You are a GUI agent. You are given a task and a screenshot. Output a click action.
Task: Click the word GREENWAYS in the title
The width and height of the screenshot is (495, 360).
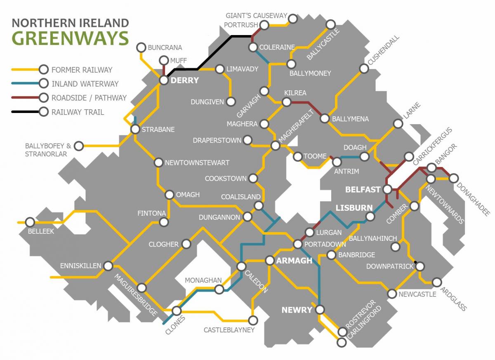70,38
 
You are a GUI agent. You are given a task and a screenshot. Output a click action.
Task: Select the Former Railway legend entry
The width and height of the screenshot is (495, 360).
82,70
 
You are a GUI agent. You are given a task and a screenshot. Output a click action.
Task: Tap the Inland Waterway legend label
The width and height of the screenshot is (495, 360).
85,84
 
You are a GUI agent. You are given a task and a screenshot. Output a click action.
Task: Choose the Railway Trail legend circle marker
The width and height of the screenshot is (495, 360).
43,112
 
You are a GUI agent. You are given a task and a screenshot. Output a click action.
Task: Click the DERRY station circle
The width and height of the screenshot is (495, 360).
164,80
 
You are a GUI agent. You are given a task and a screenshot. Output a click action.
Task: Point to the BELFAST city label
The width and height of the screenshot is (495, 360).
363,190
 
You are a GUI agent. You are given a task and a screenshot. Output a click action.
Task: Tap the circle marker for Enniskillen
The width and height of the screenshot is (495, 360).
108,266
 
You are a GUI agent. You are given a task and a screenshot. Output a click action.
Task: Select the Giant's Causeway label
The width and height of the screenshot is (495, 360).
256,16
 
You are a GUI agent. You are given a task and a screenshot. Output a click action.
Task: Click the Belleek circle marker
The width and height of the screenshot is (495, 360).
30,222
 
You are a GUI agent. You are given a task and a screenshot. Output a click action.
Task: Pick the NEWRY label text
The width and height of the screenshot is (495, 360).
297,310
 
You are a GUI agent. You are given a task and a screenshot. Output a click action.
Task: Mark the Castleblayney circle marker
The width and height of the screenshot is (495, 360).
253,320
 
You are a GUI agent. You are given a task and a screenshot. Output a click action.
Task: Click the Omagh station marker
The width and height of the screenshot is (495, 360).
170,195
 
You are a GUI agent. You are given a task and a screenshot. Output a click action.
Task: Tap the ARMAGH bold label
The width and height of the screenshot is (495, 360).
294,261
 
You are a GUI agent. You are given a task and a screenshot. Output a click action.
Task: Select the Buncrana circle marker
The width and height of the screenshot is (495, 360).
141,47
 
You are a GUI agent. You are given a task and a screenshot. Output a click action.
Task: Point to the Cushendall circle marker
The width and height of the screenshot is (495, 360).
363,68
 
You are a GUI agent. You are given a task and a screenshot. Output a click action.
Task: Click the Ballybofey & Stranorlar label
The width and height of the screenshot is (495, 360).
48,150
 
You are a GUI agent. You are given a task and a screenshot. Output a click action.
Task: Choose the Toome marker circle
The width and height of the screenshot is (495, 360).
297,156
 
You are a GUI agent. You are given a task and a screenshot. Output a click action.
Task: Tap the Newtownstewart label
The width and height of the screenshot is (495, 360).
197,163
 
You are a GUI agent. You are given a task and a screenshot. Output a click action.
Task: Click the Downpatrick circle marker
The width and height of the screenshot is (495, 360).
420,266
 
